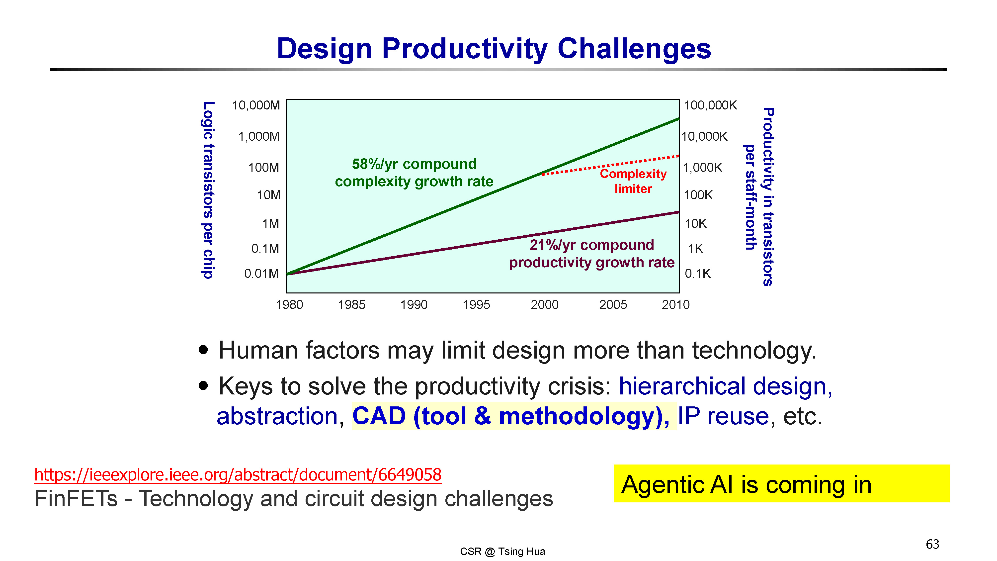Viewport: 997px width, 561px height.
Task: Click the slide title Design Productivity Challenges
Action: [x=494, y=49]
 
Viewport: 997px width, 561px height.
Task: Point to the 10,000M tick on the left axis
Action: [x=256, y=105]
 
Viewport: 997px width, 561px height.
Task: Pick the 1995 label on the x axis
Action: [x=476, y=305]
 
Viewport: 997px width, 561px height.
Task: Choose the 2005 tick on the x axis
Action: [x=613, y=305]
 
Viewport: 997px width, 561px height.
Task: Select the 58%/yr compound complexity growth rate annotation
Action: [x=414, y=173]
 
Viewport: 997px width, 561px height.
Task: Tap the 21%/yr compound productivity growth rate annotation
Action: [x=592, y=254]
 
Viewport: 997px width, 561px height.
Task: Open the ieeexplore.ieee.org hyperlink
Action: [x=238, y=475]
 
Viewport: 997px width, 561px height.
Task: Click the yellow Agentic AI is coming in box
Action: [x=781, y=483]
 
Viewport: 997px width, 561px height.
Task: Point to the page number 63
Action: [x=932, y=544]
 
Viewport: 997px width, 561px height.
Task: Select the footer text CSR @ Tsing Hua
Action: [x=502, y=551]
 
